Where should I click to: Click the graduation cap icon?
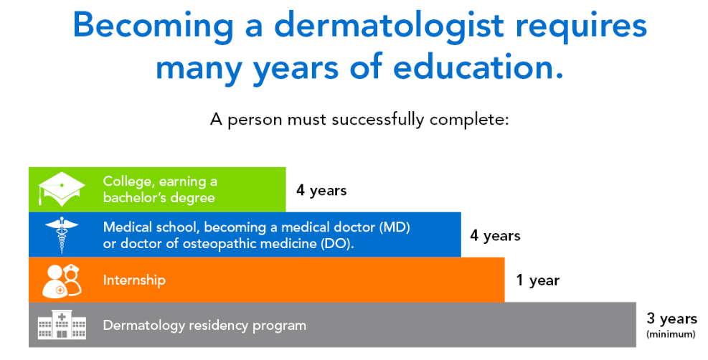(x=62, y=189)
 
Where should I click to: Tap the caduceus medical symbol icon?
(x=62, y=235)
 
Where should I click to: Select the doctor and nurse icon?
(x=62, y=280)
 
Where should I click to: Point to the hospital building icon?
(x=62, y=325)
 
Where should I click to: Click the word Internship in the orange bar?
(x=134, y=280)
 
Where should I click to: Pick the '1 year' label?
(x=538, y=280)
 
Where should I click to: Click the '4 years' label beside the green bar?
(x=321, y=190)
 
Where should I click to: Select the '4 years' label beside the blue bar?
(x=496, y=235)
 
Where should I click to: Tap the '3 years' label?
(x=672, y=318)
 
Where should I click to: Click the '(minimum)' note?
(x=671, y=334)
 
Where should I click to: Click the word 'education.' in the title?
(x=478, y=67)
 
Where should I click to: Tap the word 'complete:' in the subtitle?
(x=469, y=120)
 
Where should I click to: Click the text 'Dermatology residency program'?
(x=204, y=326)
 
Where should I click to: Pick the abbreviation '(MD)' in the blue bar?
(x=395, y=227)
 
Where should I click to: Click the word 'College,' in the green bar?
(x=128, y=182)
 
